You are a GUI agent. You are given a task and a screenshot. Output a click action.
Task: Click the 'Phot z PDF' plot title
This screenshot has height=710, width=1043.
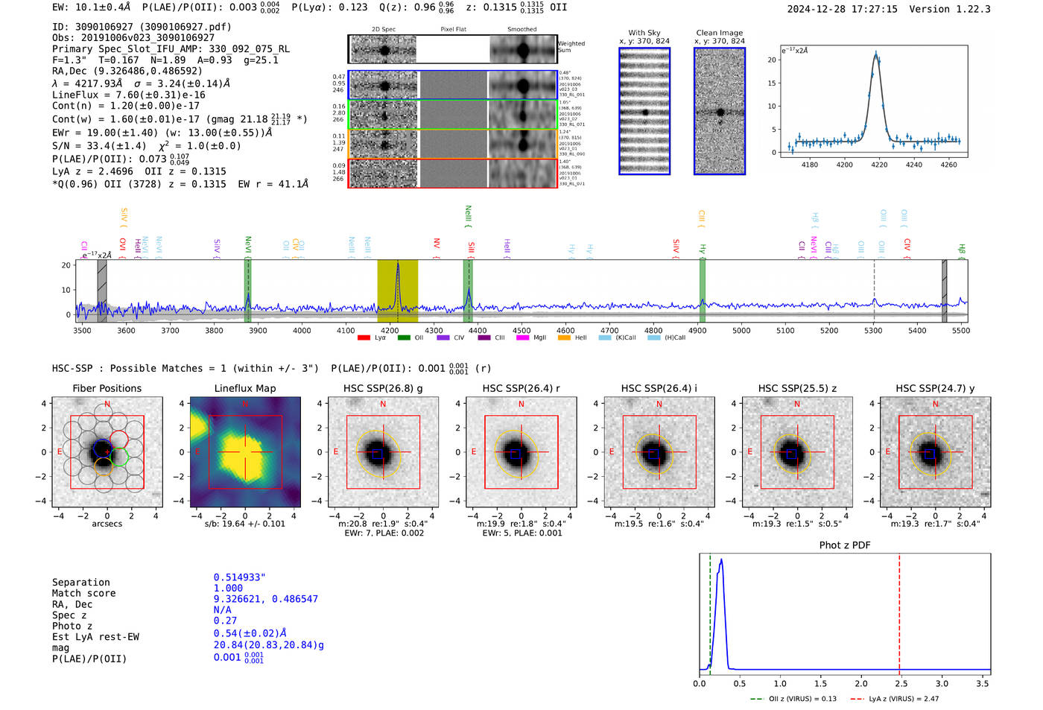pos(845,545)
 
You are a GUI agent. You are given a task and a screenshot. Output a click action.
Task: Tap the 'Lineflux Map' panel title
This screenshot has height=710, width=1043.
pos(245,388)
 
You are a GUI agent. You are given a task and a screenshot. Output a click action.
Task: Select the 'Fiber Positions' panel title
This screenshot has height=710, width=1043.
pos(107,388)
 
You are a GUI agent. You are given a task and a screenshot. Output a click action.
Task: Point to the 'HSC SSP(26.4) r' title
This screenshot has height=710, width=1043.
pos(521,388)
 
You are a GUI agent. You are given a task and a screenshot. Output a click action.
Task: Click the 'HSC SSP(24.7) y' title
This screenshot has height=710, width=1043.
pos(935,388)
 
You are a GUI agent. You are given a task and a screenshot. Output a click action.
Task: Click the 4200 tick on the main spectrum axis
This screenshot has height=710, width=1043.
pos(390,330)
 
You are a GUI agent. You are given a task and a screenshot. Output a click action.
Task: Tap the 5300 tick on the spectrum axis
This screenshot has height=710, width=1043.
pos(873,330)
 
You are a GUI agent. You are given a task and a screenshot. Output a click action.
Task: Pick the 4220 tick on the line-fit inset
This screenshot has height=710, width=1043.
pos(879,165)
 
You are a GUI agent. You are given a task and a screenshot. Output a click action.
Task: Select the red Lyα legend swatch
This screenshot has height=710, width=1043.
pos(364,337)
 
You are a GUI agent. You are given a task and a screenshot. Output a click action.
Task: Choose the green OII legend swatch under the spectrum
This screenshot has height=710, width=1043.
pos(404,337)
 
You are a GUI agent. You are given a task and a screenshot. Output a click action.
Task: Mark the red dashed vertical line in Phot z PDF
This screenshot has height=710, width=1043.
pos(899,611)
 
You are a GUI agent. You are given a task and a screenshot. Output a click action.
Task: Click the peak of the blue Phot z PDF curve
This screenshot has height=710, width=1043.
pos(720,560)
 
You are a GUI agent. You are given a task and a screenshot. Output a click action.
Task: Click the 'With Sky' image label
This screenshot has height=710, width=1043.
pos(644,33)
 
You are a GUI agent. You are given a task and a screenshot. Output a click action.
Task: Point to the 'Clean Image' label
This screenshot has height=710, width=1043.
pos(719,33)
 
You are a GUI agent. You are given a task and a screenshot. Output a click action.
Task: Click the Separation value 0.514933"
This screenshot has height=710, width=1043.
pos(239,577)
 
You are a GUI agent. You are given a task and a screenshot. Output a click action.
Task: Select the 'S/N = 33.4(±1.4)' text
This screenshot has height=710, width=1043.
pos(99,146)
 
